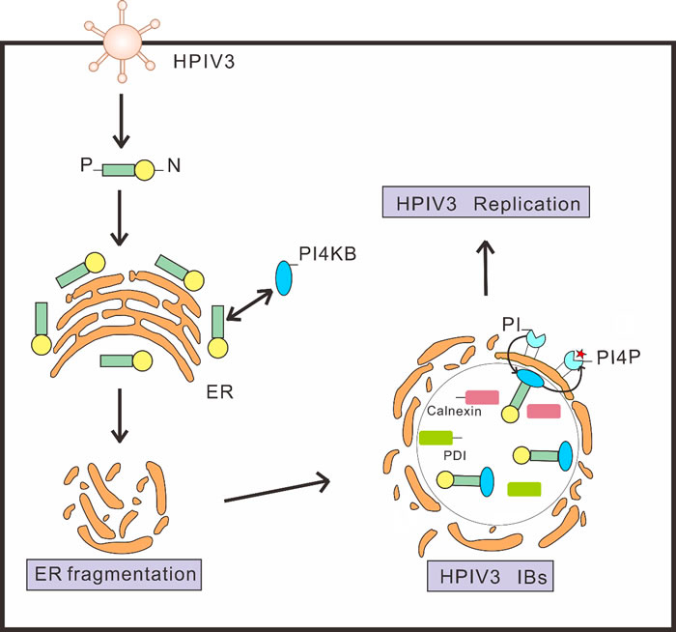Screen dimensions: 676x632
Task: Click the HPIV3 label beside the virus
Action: tap(204, 62)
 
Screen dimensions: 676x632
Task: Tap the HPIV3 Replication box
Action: tap(486, 202)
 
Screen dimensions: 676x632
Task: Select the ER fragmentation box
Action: tap(114, 575)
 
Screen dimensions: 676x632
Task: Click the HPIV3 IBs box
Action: tap(491, 576)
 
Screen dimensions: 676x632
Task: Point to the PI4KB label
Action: tap(327, 254)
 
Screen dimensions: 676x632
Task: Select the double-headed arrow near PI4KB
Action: tap(249, 305)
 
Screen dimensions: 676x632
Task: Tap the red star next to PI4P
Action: tap(580, 354)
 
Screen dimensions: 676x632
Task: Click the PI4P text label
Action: tap(619, 358)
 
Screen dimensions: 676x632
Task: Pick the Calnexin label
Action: tap(454, 411)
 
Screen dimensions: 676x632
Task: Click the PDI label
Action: tap(455, 455)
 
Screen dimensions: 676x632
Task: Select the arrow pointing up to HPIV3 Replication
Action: tap(487, 268)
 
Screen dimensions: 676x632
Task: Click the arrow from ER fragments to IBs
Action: tap(277, 490)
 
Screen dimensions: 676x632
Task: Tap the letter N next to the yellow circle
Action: tap(174, 165)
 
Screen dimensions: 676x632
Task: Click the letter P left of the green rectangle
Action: tap(86, 165)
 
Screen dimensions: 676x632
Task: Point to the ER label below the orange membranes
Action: tap(219, 392)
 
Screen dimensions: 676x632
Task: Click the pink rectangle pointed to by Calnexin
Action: tap(483, 397)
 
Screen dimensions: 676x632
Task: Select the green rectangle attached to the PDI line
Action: tap(436, 438)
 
